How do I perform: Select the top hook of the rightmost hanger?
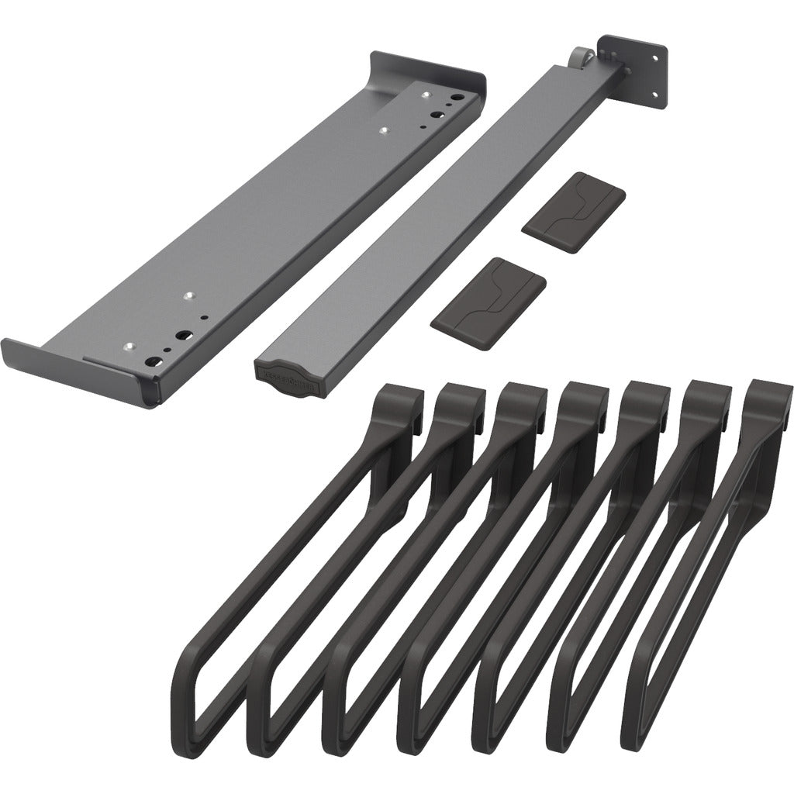coord(768,400)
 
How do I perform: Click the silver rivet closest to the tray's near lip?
coord(129,347)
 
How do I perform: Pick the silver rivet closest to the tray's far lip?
coord(424,94)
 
